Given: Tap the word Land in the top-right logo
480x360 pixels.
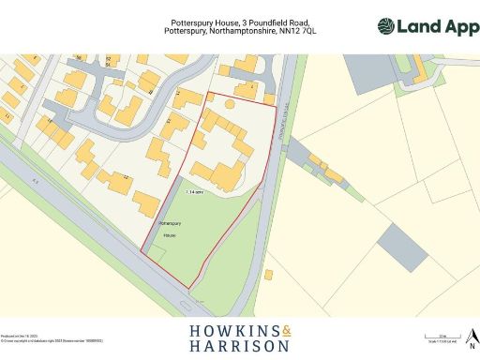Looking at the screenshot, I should [x=420, y=26].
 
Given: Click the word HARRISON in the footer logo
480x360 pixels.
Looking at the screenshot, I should [x=240, y=347].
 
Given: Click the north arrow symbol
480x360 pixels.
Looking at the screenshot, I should [x=472, y=337].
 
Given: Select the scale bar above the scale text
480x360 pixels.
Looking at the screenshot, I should [x=444, y=334].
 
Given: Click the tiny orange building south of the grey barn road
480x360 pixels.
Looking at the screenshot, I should [x=270, y=276].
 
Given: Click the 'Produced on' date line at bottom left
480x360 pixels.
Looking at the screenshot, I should [x=16, y=335].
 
